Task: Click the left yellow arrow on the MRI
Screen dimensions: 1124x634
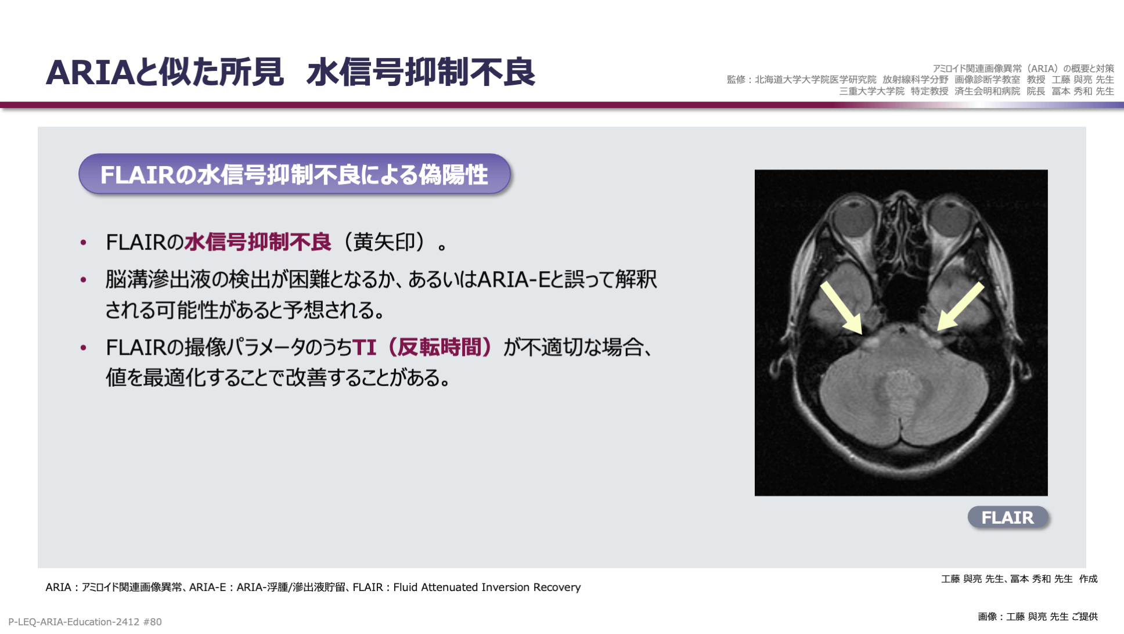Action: click(841, 308)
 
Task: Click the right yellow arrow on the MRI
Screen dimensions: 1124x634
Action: click(961, 306)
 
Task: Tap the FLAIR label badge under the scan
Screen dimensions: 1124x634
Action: click(1008, 517)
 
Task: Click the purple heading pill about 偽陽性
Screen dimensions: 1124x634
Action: click(294, 174)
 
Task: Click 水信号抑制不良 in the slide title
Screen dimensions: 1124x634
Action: click(421, 73)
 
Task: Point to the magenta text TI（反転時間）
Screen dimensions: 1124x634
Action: click(423, 347)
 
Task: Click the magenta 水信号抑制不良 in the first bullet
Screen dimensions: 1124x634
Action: click(258, 242)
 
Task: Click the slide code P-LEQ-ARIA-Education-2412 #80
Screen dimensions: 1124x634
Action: click(85, 622)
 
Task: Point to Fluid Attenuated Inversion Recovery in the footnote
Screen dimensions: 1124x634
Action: click(487, 587)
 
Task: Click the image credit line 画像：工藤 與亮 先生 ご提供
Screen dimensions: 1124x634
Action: click(1037, 617)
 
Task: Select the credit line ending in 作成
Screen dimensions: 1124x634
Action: click(1019, 579)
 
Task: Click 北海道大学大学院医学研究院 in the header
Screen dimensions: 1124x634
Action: click(815, 80)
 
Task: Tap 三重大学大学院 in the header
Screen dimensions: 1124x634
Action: click(871, 91)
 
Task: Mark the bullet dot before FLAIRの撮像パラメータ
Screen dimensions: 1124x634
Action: click(84, 348)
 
